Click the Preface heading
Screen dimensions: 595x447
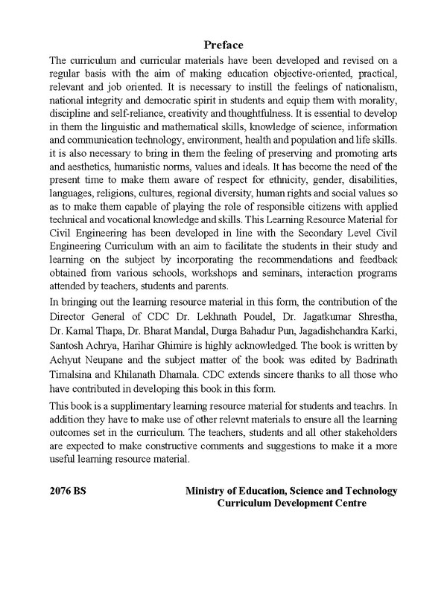(223, 45)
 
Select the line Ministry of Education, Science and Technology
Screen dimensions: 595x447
(291, 491)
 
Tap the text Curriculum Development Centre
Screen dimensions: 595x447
(291, 504)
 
